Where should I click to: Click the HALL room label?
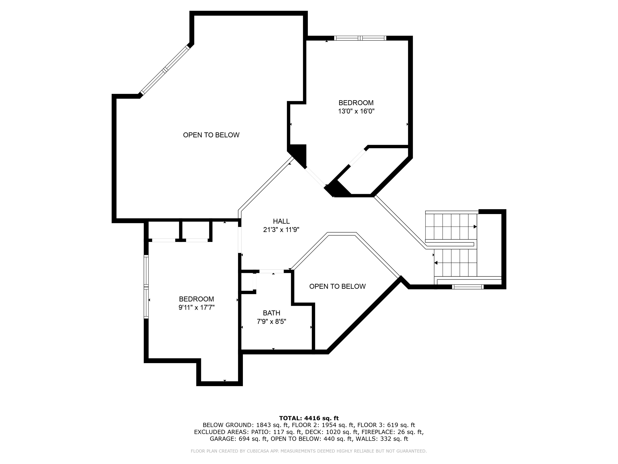tap(281, 221)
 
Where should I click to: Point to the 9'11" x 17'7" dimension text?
tap(196, 308)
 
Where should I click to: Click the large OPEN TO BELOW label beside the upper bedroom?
tap(211, 135)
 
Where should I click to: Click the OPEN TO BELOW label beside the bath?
tap(337, 286)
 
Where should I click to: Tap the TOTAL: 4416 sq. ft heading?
tap(309, 418)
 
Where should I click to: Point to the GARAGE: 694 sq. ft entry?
tap(239, 439)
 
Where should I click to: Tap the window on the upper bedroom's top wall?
tap(360, 38)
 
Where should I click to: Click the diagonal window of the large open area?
tap(165, 70)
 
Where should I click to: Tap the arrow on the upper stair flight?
tap(475, 227)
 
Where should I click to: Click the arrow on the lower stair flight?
tap(436, 263)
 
